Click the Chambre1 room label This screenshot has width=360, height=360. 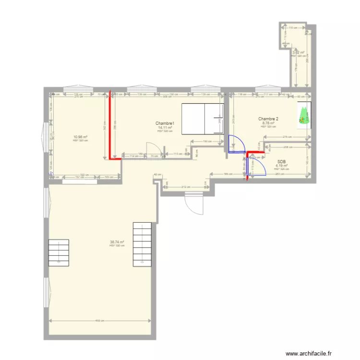[165, 123]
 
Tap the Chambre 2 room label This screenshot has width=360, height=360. [268, 119]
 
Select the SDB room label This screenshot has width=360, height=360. [282, 162]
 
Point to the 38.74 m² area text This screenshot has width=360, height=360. [117, 242]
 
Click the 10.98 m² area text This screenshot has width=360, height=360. [80, 137]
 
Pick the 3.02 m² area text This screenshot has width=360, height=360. [299, 53]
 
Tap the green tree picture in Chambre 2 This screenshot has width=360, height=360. [304, 116]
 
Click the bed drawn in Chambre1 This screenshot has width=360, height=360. [202, 119]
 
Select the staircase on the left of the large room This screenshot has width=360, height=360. [58, 252]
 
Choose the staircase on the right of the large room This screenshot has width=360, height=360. [143, 244]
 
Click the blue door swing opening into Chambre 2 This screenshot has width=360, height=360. [235, 144]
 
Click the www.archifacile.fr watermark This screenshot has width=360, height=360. [309, 353]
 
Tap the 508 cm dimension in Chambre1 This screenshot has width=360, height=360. [166, 97]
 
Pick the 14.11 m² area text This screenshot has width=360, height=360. [165, 128]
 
